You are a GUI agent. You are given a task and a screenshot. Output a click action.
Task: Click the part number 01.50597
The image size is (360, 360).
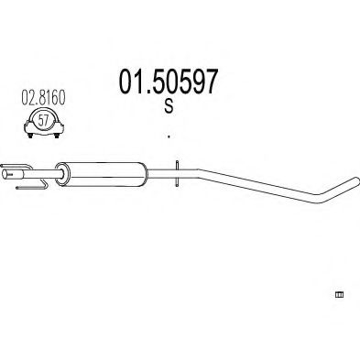[x=167, y=84]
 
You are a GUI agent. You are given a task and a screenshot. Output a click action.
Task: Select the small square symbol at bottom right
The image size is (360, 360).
[x=338, y=296]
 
